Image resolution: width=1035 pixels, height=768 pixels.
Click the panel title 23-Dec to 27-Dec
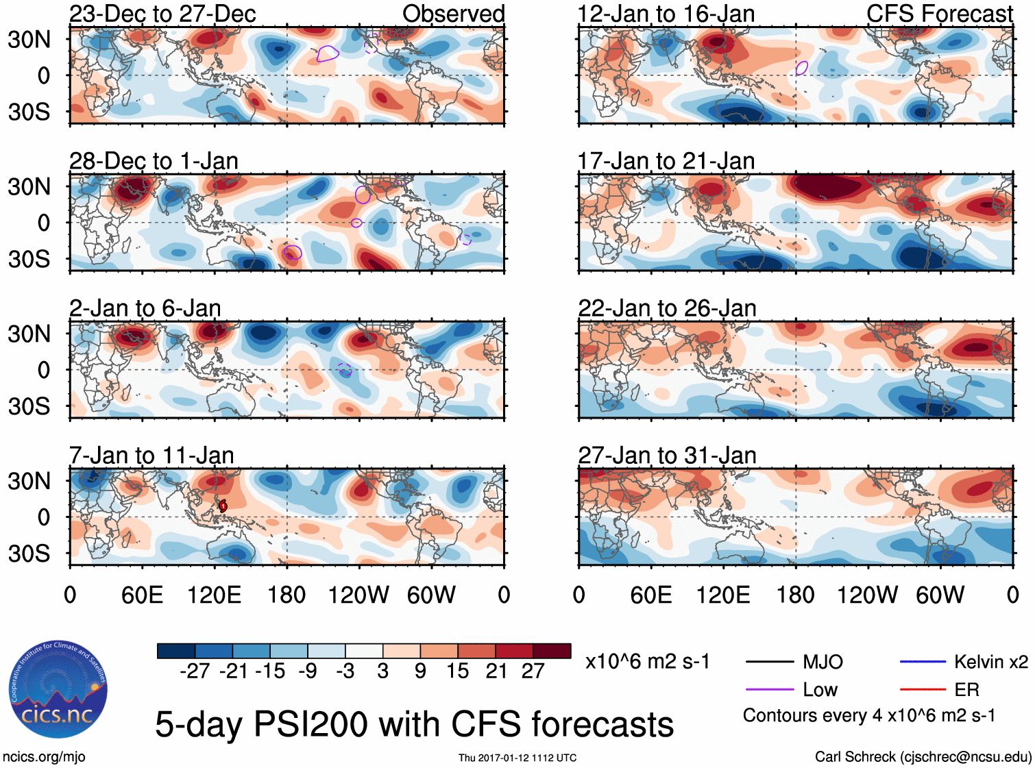click(162, 14)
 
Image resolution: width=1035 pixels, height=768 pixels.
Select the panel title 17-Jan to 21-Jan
click(666, 161)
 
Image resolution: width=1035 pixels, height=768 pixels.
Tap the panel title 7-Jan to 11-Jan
click(151, 456)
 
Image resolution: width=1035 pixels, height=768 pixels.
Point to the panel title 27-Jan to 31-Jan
click(667, 456)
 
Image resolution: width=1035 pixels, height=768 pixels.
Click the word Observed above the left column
click(453, 14)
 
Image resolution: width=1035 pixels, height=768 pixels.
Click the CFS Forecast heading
click(939, 14)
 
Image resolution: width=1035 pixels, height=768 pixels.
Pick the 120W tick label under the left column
click(358, 595)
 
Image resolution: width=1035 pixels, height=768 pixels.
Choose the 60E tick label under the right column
click(650, 595)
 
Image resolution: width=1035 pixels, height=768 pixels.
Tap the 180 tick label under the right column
click(795, 595)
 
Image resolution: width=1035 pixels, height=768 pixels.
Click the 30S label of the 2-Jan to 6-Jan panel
click(29, 406)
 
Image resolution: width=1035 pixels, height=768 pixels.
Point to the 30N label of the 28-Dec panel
click(29, 186)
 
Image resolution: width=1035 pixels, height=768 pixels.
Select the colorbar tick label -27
click(195, 671)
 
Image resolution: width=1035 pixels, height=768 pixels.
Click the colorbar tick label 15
click(457, 671)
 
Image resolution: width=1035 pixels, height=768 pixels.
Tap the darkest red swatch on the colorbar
click(552, 651)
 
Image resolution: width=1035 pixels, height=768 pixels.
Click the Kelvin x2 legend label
click(990, 662)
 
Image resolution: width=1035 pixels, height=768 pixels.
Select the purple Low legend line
click(770, 689)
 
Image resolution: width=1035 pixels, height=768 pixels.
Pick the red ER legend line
click(923, 689)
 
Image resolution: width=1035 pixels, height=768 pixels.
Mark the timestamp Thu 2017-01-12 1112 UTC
click(517, 758)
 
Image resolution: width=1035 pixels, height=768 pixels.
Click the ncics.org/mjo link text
click(44, 757)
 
